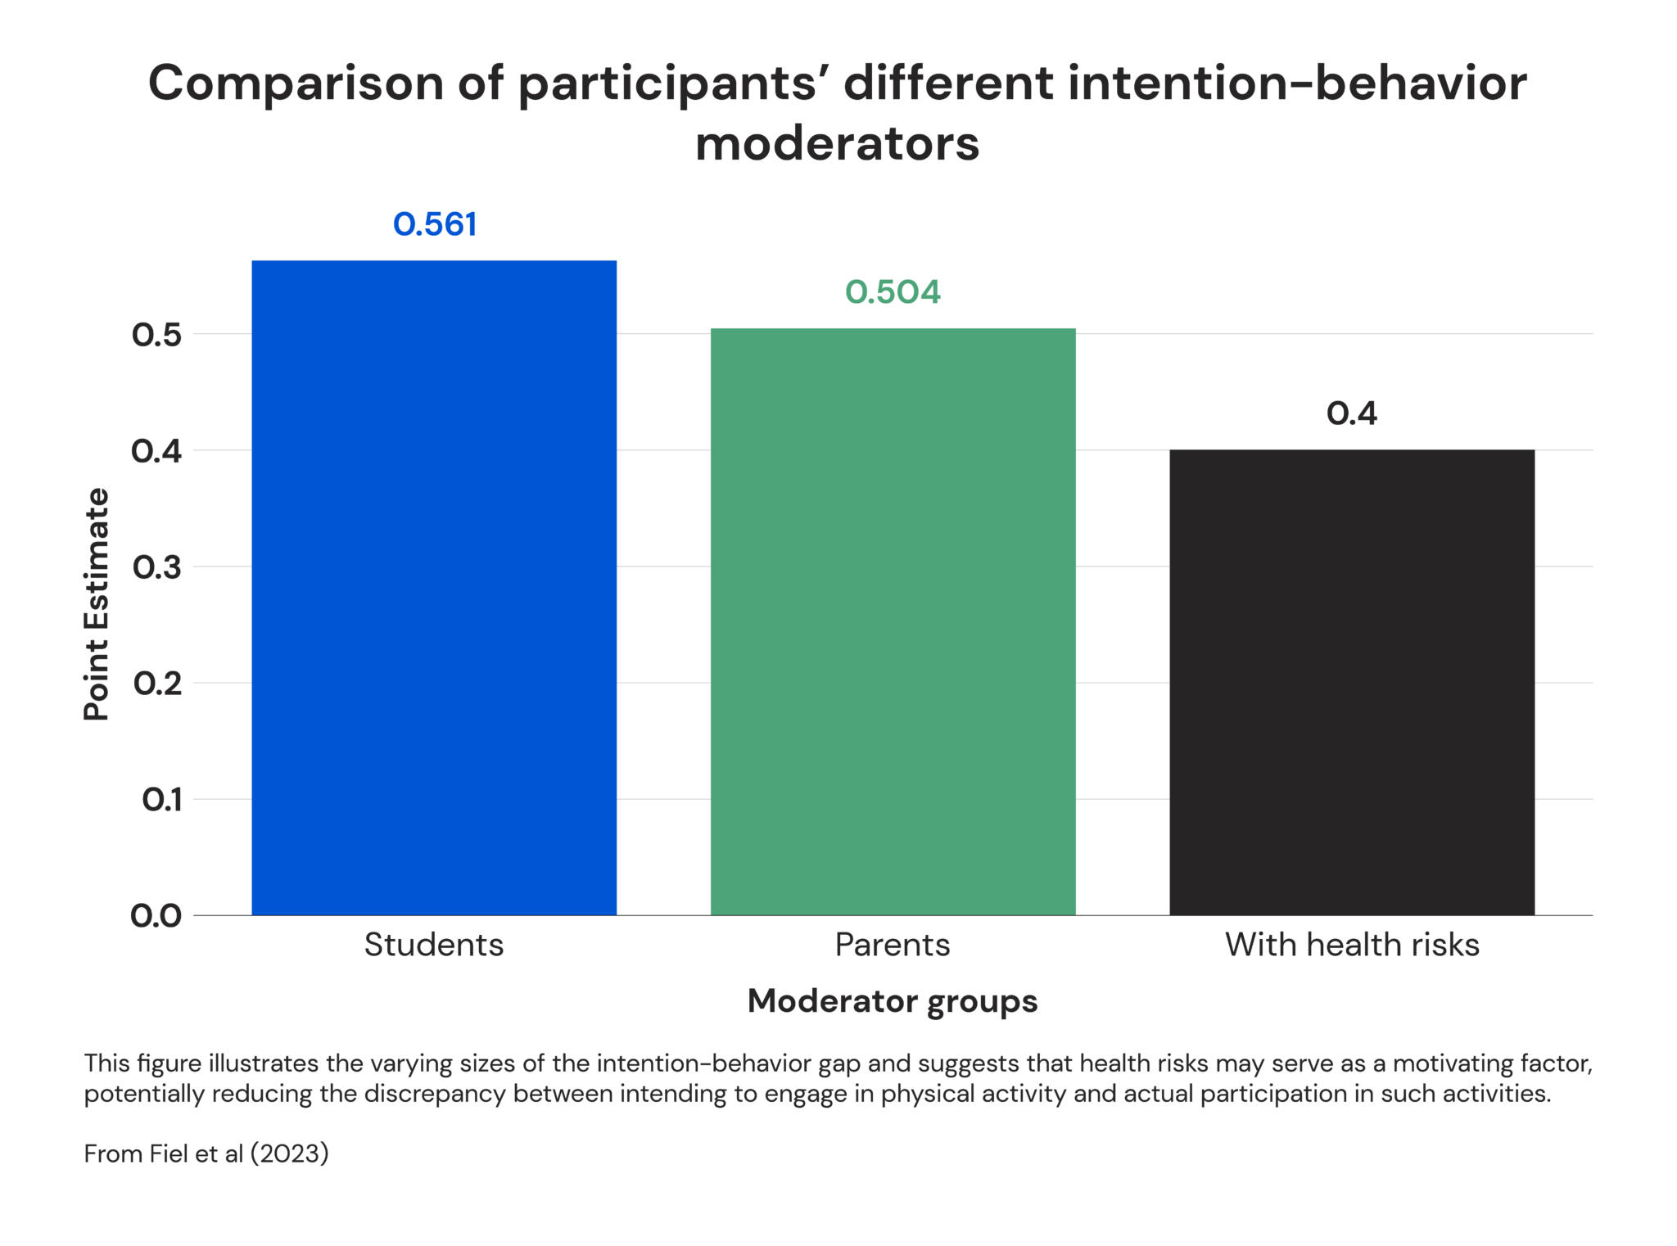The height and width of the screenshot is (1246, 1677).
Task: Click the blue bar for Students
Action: [x=434, y=588]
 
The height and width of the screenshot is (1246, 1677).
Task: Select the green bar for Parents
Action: [x=893, y=621]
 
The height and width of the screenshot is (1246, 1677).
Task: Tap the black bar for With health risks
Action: [x=1352, y=682]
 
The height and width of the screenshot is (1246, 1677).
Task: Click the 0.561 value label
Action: [x=435, y=224]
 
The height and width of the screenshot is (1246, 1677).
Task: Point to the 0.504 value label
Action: [x=893, y=292]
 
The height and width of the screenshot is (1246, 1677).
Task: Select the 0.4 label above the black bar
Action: [x=1352, y=413]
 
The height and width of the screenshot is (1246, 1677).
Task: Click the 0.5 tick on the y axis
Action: [x=156, y=335]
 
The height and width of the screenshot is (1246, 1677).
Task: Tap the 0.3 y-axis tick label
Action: [x=156, y=567]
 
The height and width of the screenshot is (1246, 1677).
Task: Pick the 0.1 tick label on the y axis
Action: [x=161, y=800]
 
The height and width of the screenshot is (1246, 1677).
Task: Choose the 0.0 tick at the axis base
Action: [x=156, y=916]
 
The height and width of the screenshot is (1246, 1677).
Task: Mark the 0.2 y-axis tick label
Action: [x=156, y=684]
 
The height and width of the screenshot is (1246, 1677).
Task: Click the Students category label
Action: [x=434, y=945]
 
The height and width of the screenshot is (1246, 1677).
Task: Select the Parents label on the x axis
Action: [x=893, y=945]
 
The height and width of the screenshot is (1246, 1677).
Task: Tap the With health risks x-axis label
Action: [x=1352, y=945]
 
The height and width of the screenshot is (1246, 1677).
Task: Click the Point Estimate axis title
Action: [x=97, y=604]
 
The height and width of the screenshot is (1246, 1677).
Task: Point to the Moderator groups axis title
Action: [x=893, y=1001]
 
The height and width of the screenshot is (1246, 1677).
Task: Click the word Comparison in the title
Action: [x=296, y=84]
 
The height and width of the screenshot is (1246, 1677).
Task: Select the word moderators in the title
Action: [x=838, y=144]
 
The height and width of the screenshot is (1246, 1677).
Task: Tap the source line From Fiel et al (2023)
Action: [x=206, y=1153]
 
